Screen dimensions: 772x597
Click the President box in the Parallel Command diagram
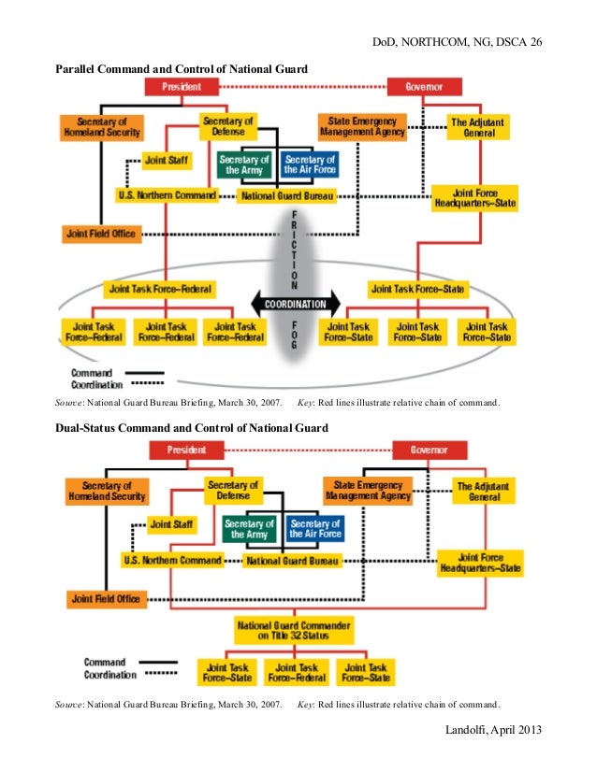point(181,87)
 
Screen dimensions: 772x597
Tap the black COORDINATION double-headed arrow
point(295,305)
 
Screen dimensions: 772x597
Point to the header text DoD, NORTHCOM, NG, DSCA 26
point(458,43)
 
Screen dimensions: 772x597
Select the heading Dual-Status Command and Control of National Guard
point(192,428)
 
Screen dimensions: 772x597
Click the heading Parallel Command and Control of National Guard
point(182,68)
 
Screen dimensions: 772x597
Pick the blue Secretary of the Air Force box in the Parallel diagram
point(310,164)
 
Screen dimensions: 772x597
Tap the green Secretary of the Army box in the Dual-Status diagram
point(249,529)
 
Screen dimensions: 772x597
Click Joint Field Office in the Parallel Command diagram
point(101,233)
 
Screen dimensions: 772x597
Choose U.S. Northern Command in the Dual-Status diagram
point(173,561)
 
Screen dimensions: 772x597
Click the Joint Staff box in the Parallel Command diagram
point(167,160)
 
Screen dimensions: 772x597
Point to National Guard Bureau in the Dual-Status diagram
point(292,561)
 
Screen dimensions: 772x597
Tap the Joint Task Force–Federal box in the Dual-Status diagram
point(295,673)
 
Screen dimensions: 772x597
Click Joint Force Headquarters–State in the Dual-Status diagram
point(482,563)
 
